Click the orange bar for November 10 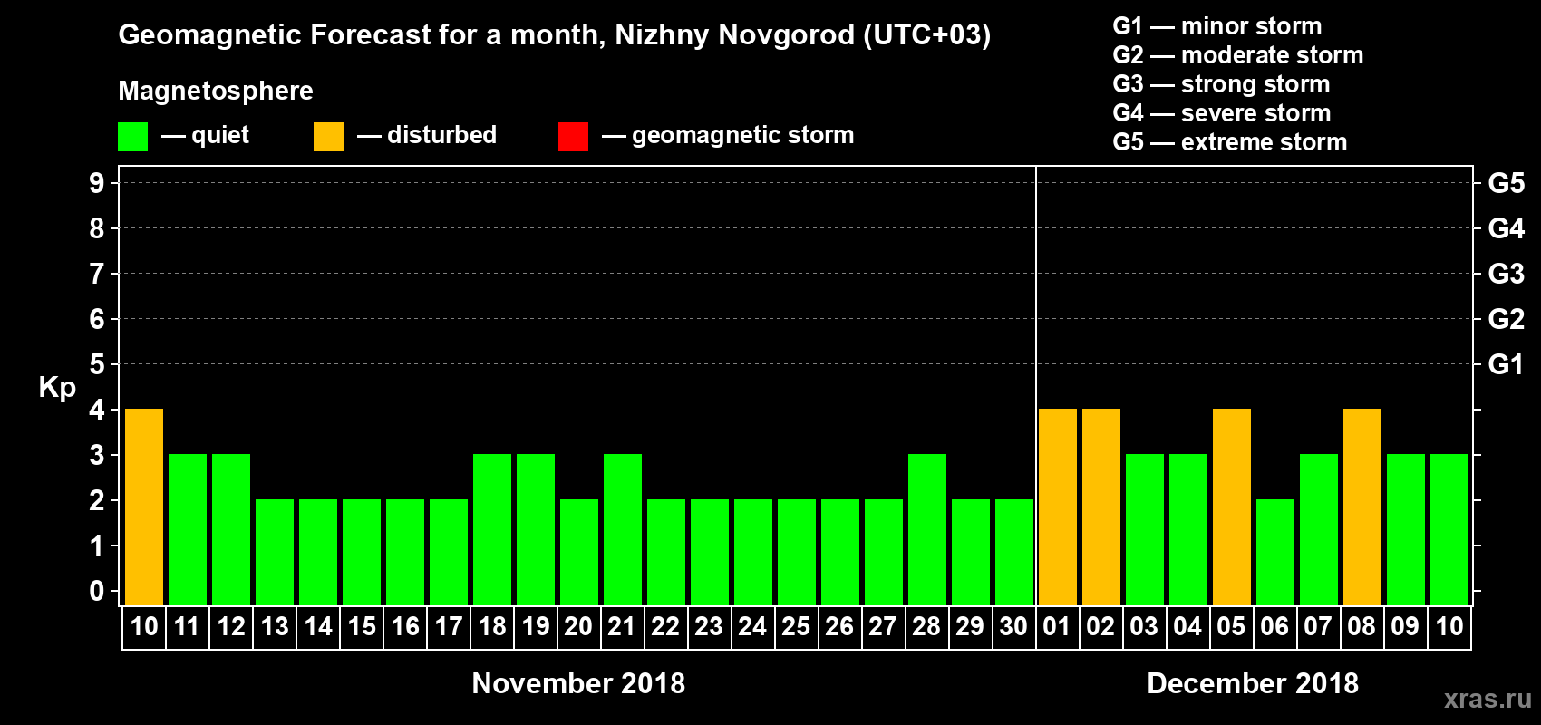pos(144,507)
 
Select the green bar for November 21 pos(623,529)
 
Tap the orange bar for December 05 pos(1232,507)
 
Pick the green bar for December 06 pos(1275,552)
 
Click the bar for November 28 pos(927,529)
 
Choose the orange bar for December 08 pos(1362,507)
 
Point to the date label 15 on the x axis pos(362,627)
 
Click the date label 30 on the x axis pos(1013,627)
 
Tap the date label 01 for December pos(1057,627)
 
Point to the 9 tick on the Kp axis pos(97,183)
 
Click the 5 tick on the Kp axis pos(97,364)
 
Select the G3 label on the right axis pos(1506,274)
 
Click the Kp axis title pos(57,388)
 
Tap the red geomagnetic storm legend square pos(573,137)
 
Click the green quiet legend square pos(132,137)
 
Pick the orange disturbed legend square pos(328,137)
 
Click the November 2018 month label pos(578,683)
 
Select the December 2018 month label pos(1253,683)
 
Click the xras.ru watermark pos(1488,699)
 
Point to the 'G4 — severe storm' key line pos(1221,113)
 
